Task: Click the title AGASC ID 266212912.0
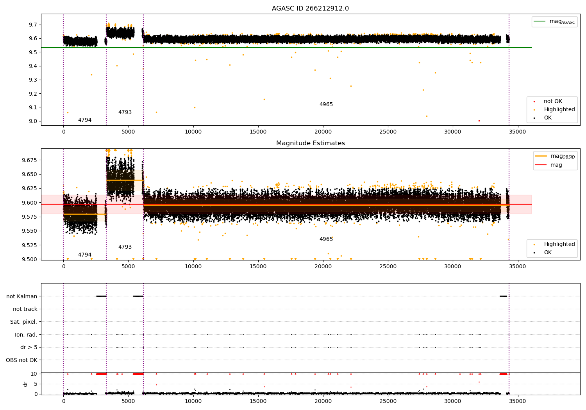tap(310, 9)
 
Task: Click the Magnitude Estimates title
tap(310, 143)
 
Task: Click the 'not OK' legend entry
tap(553, 102)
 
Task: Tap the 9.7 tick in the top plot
tap(33, 25)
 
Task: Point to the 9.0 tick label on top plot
tap(33, 121)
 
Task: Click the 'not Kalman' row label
tap(22, 296)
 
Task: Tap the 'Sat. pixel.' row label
tap(23, 322)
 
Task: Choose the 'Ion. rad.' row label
tap(26, 335)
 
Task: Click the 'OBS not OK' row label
tap(21, 360)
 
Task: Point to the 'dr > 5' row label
tap(29, 347)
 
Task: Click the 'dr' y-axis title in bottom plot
tap(25, 384)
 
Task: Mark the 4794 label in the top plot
tap(85, 120)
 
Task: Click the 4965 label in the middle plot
tap(326, 239)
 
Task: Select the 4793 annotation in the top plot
tap(125, 112)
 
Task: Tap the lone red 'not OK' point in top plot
tap(479, 121)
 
